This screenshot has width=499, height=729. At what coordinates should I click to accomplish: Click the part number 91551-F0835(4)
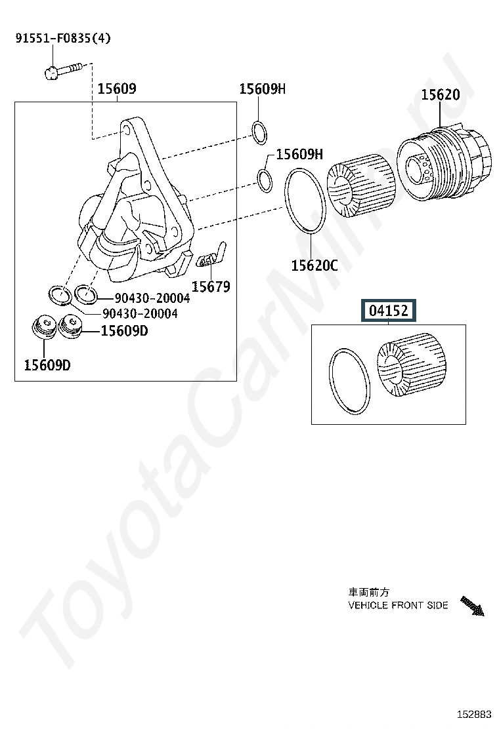click(x=63, y=38)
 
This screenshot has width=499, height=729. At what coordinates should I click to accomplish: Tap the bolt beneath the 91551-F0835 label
click(x=63, y=70)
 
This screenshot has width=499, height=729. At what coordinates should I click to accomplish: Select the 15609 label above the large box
click(x=117, y=89)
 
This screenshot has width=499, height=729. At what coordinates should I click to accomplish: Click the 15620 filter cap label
click(x=441, y=95)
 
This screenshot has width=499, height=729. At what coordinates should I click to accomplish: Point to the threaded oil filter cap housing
click(x=444, y=163)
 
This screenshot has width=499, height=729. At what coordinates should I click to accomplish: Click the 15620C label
click(x=315, y=266)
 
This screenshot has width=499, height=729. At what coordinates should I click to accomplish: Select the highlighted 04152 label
click(x=389, y=310)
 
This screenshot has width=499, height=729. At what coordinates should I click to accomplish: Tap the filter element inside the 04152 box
click(x=412, y=365)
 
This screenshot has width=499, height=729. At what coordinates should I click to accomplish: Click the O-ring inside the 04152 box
click(x=349, y=382)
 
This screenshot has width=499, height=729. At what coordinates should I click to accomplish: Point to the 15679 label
click(x=211, y=287)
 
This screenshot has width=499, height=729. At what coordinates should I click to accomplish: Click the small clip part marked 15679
click(x=211, y=255)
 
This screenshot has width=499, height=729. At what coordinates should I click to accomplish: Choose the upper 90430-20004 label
click(x=152, y=298)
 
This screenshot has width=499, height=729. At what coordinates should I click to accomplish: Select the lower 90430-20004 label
click(x=140, y=313)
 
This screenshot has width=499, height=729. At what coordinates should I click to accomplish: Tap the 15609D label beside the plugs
click(x=125, y=330)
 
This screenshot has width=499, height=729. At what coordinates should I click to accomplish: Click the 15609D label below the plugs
click(x=47, y=365)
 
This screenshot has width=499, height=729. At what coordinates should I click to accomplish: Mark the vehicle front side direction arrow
click(x=473, y=606)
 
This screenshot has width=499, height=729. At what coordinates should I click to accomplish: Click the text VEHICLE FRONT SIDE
click(x=398, y=605)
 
